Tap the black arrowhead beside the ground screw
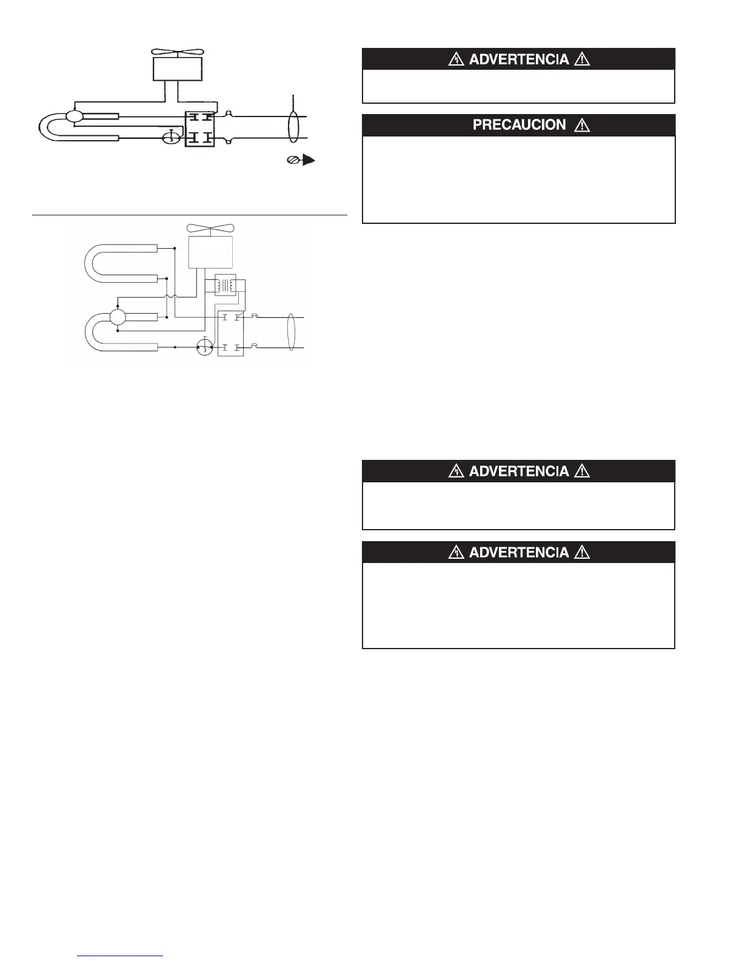click(x=309, y=161)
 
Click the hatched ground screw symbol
click(x=292, y=161)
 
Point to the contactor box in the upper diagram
click(x=199, y=128)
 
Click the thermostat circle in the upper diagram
click(x=172, y=139)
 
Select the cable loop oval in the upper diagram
click(x=293, y=127)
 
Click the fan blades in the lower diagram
click(x=210, y=229)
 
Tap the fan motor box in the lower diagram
click(x=210, y=252)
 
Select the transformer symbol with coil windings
click(x=225, y=286)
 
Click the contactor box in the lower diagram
click(x=230, y=332)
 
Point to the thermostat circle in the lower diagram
click(x=206, y=348)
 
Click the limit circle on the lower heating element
click(x=117, y=317)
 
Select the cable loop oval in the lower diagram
click(x=292, y=333)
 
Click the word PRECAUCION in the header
click(x=518, y=125)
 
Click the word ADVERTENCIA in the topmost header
click(x=519, y=59)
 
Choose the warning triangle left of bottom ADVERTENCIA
click(x=456, y=553)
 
